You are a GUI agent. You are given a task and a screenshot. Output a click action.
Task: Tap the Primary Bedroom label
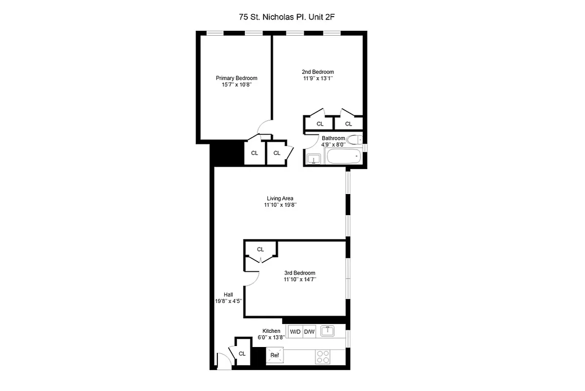pyautogui.click(x=236, y=78)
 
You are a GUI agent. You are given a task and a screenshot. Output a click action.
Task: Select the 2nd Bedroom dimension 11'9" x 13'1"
pyautogui.click(x=317, y=78)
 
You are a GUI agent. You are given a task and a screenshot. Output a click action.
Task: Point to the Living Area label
pyautogui.click(x=280, y=198)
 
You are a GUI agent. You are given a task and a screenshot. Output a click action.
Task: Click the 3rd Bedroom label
pyautogui.click(x=300, y=273)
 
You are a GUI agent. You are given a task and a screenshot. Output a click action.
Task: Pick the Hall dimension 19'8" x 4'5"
pyautogui.click(x=228, y=301)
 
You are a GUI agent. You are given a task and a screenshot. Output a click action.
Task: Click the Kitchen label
pyautogui.click(x=271, y=331)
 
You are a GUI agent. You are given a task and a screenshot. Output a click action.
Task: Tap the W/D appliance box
pyautogui.click(x=295, y=332)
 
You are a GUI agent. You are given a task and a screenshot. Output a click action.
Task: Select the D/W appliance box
pyautogui.click(x=309, y=332)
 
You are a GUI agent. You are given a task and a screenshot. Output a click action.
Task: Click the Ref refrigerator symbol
pyautogui.click(x=275, y=355)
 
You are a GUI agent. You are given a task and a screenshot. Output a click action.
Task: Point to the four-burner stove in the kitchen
pyautogui.click(x=323, y=357)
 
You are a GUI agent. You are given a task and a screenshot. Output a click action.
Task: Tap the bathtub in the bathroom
pyautogui.click(x=344, y=157)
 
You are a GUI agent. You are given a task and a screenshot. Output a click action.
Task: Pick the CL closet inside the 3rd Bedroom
pyautogui.click(x=260, y=249)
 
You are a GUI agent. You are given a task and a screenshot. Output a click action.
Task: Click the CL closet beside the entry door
pyautogui.click(x=242, y=353)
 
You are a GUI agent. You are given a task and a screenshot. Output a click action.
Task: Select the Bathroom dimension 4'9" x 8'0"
pyautogui.click(x=333, y=145)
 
